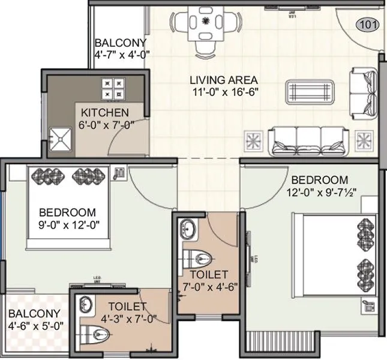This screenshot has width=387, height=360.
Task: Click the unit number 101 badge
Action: pyautogui.click(x=367, y=25)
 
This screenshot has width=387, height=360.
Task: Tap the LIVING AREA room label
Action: pyautogui.click(x=224, y=79)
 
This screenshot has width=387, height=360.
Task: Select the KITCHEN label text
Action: pyautogui.click(x=105, y=113)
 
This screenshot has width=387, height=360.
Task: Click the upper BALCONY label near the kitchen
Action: pyautogui.click(x=121, y=43)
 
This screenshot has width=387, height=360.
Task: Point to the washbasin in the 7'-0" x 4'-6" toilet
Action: pyautogui.click(x=189, y=227)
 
